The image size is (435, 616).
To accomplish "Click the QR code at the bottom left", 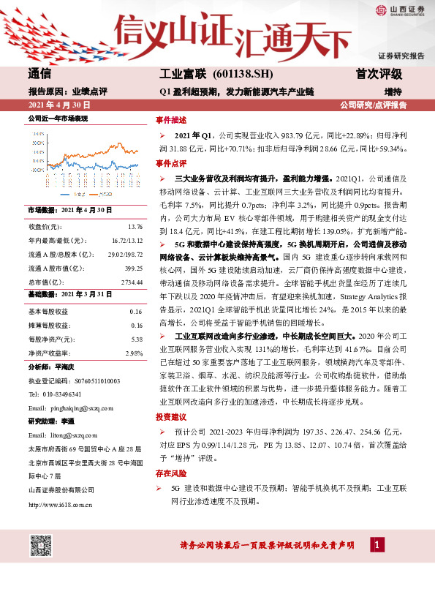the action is click(41, 544).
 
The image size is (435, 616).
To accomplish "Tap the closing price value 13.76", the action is click(135, 228).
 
